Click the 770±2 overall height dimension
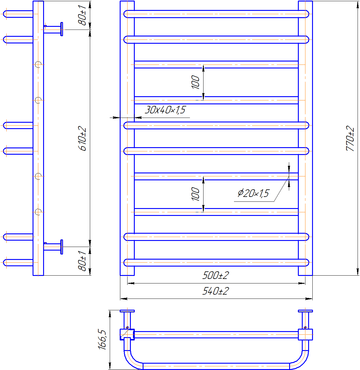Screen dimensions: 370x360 350,138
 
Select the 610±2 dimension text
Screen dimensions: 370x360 82,139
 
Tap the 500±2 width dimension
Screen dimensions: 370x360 216,275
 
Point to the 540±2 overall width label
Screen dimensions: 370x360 216,291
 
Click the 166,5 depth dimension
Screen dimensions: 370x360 103,340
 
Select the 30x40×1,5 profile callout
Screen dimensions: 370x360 165,110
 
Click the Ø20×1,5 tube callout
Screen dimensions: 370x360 253,193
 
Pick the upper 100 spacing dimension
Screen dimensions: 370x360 196,82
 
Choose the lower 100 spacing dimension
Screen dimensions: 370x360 196,194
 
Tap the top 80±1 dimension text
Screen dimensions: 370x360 82,15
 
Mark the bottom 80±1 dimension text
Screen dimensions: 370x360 82,261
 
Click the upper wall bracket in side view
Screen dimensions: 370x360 54,29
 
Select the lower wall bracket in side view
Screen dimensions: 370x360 54,246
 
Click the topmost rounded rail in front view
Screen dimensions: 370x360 216,14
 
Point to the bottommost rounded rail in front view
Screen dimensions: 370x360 216,262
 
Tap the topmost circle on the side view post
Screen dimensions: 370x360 38,65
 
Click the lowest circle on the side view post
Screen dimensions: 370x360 38,212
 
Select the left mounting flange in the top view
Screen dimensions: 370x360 127,311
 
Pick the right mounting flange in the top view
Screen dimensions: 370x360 305,311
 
